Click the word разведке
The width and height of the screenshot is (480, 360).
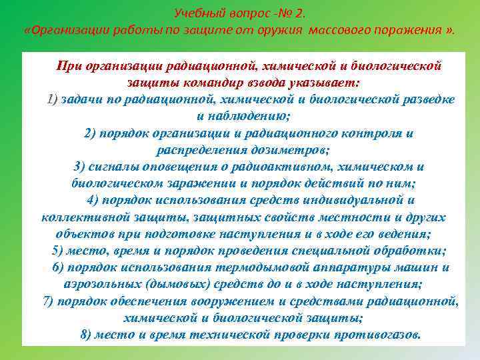(x=429, y=99)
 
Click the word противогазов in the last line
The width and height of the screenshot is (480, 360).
(x=379, y=334)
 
